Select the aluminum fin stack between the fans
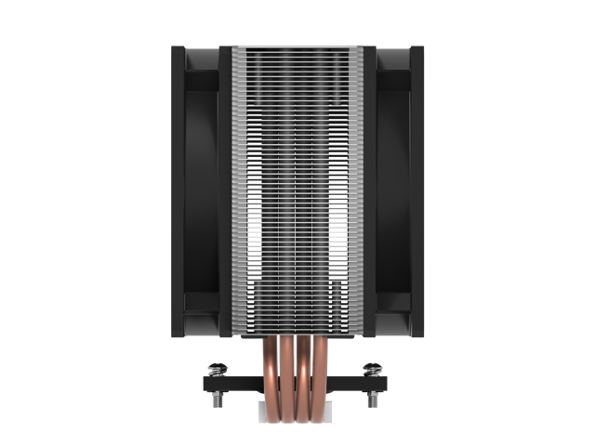297,186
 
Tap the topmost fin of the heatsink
297,46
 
